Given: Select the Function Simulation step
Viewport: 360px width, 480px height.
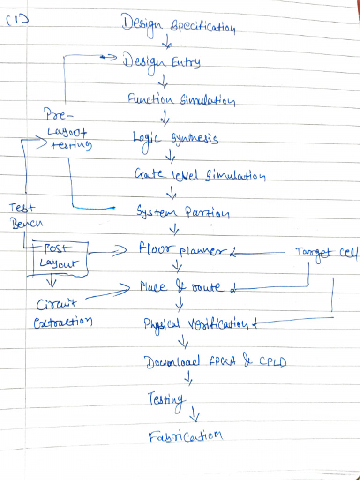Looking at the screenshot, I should [181, 100].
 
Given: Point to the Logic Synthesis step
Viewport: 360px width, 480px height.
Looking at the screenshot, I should [175, 139].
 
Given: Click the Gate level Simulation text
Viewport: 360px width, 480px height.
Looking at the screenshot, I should [200, 176].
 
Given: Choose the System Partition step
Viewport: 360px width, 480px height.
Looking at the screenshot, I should [183, 213].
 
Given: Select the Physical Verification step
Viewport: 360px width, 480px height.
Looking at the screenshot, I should [196, 323].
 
